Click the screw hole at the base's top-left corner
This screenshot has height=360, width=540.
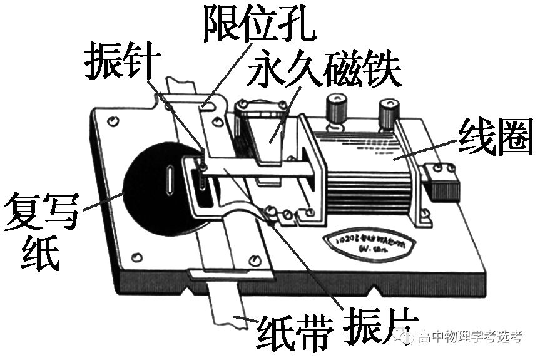click(112, 120)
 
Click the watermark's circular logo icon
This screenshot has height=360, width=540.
click(409, 337)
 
